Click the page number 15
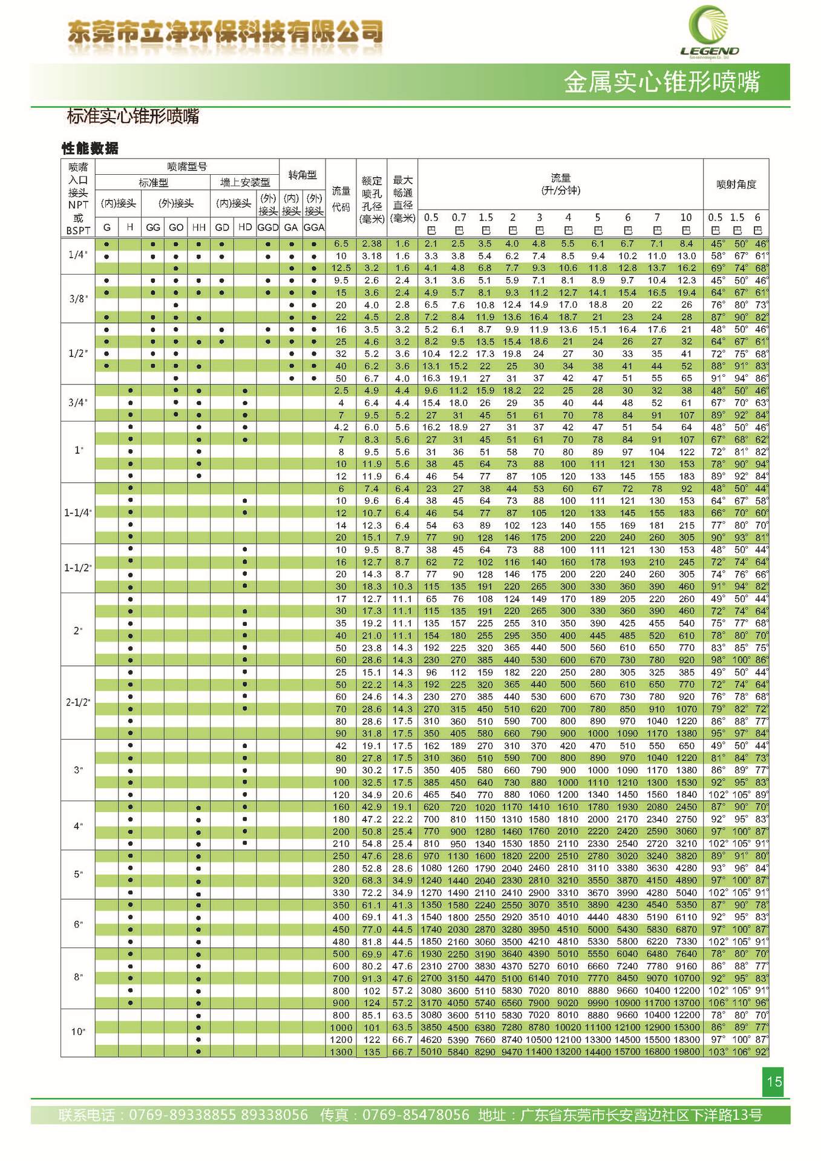point(774,1081)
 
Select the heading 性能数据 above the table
point(90,148)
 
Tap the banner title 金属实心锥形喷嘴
point(662,82)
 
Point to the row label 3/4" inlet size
point(78,403)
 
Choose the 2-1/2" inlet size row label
point(78,703)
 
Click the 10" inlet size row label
point(78,1032)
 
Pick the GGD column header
point(267,227)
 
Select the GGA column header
point(314,227)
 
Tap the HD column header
point(245,227)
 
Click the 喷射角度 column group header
point(736,184)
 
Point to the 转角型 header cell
point(303,175)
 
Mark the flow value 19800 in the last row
point(686,1052)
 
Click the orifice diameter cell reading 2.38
point(371,244)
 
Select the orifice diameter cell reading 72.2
point(371,893)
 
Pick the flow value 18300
point(686,1039)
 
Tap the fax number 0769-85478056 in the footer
point(416,1114)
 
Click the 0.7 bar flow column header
point(459,217)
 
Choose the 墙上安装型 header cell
point(245,182)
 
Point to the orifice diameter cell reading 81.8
point(371,941)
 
